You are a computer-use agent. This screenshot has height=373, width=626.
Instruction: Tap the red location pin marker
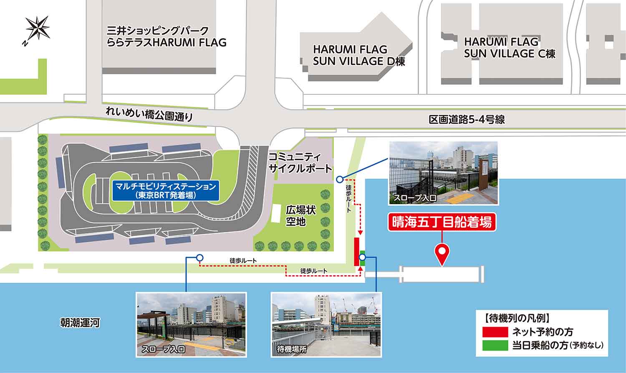point(442,253)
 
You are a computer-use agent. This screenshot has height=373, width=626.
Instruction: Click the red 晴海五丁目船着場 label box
point(442,223)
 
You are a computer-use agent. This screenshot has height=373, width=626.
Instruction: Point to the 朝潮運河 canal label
point(79,323)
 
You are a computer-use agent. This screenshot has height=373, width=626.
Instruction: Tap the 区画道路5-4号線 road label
point(467,120)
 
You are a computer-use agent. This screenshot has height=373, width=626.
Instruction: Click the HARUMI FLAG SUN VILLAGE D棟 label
point(359,55)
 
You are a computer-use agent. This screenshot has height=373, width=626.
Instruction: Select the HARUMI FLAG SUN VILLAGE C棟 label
point(510,48)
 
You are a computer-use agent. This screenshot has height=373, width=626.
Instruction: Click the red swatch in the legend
point(495,332)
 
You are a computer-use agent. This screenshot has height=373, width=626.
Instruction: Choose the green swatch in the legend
point(495,345)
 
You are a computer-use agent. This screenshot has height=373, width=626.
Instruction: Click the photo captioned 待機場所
point(326,324)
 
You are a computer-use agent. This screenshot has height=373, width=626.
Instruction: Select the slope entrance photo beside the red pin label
point(443,173)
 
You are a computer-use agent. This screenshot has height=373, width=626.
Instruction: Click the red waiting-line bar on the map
point(357,251)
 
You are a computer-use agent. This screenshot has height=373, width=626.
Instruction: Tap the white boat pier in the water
point(441,274)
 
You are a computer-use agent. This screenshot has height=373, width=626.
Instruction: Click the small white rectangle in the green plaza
point(276,213)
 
